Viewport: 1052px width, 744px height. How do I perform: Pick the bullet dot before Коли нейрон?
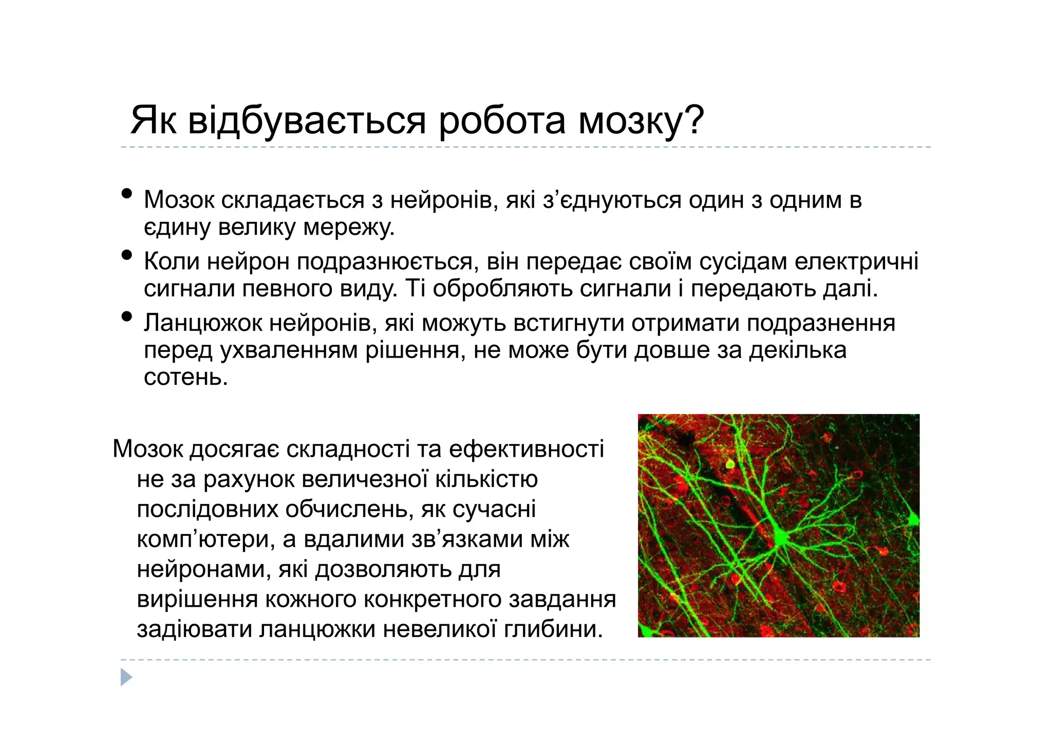pos(126,255)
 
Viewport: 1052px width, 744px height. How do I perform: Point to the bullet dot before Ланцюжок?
pos(126,317)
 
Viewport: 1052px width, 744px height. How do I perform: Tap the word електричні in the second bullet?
pos(856,262)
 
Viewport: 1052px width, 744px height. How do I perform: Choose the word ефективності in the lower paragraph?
pos(526,449)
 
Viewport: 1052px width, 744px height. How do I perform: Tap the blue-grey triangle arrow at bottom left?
pos(126,677)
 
